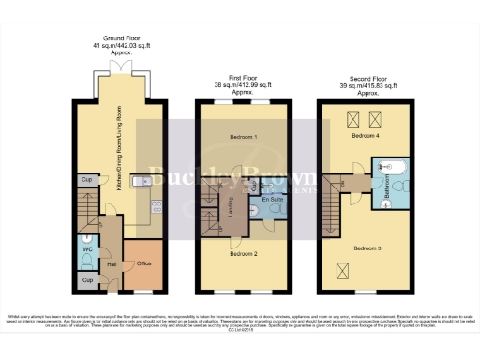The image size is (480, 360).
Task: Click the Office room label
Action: (x=143, y=263)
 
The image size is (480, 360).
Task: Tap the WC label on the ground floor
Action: (x=86, y=249)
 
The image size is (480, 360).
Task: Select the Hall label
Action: (x=112, y=265)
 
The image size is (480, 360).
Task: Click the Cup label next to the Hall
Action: (x=86, y=279)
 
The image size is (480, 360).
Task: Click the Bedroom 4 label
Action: (x=365, y=136)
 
